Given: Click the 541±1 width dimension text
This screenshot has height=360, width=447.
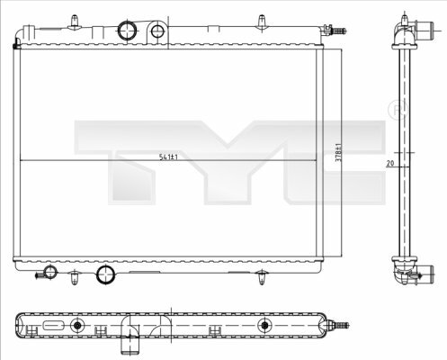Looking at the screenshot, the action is click(168, 157).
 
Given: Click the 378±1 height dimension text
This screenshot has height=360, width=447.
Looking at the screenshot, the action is click(338, 153).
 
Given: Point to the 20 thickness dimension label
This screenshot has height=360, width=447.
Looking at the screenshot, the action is click(390, 163).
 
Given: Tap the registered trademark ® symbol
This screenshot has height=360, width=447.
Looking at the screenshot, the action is click(398, 111).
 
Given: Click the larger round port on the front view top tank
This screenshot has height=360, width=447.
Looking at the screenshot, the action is click(127, 31).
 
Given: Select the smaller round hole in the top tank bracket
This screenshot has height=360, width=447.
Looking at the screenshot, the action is click(156, 31).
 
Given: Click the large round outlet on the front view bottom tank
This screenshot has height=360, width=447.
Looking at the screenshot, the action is click(105, 274).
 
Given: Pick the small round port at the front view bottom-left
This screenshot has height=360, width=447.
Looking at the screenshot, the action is click(50, 273).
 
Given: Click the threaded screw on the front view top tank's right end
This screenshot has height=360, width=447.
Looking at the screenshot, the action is click(337, 31).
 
